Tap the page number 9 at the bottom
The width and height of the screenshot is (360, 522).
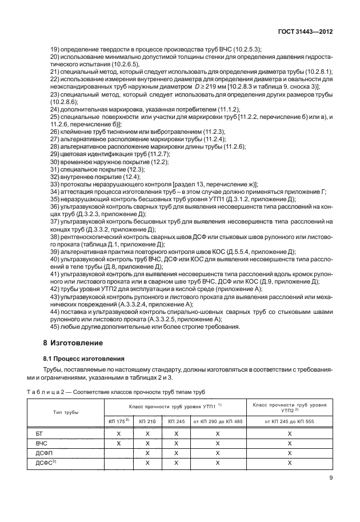click(331, 479)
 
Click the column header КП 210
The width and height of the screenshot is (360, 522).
click(147, 421)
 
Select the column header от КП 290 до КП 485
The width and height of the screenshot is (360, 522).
click(217, 421)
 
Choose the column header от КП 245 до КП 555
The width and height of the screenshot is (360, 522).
click(289, 421)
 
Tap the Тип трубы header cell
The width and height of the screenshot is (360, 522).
click(67, 412)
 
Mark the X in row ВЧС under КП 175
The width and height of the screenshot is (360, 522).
click(119, 443)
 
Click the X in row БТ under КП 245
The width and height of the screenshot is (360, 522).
click(176, 434)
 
